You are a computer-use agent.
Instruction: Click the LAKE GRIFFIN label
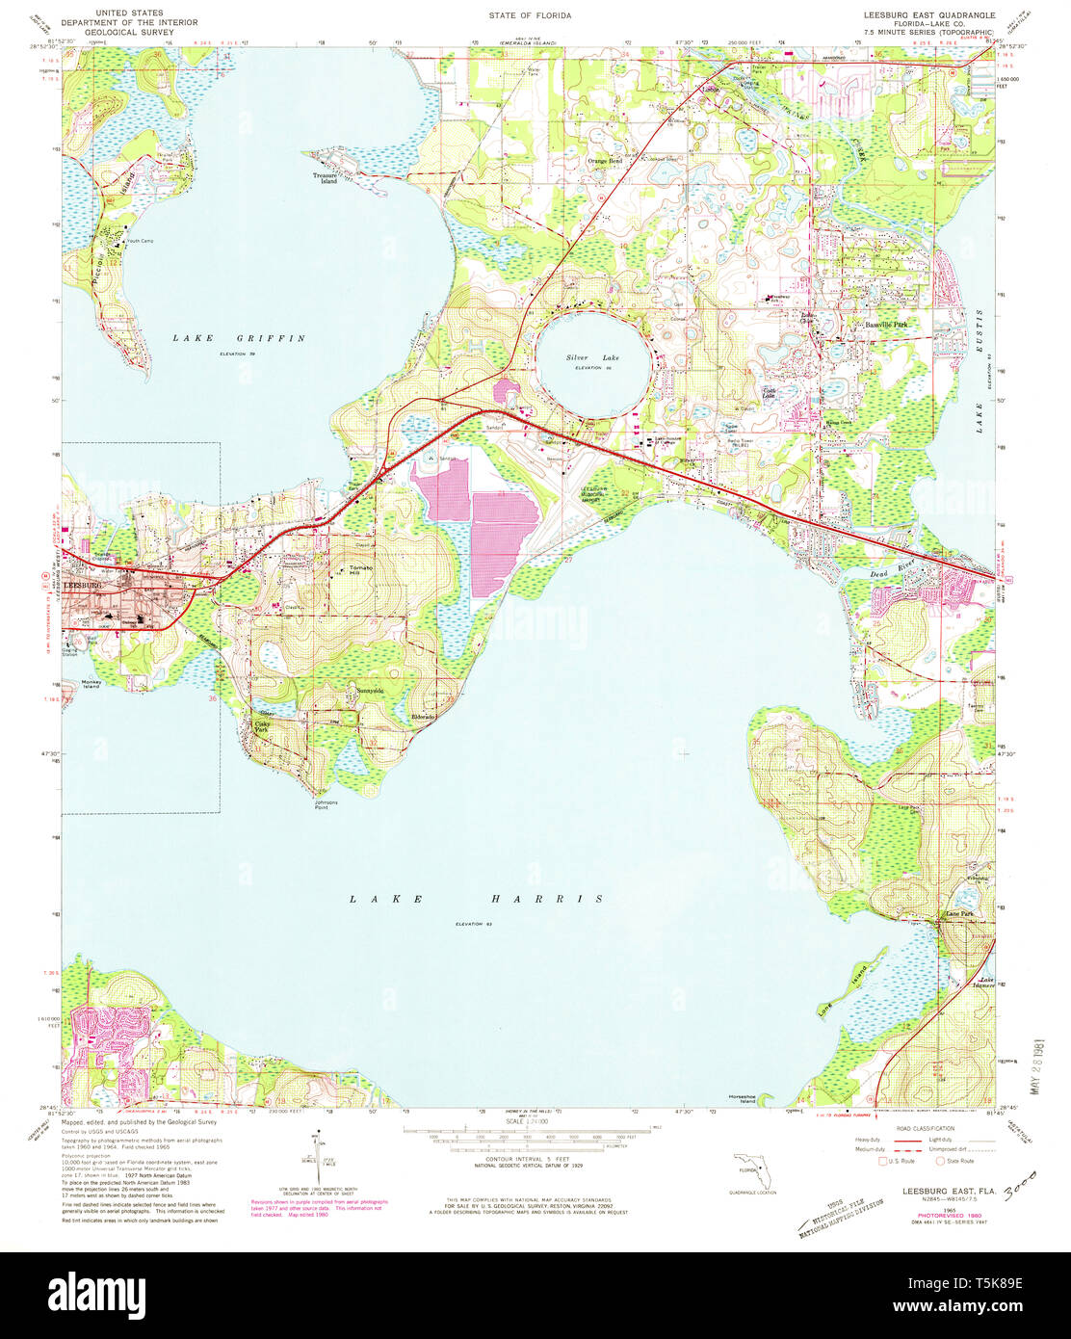(x=239, y=338)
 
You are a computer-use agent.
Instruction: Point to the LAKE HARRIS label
(x=477, y=899)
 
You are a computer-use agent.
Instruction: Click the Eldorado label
(x=424, y=719)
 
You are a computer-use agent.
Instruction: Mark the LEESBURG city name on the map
(x=83, y=585)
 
